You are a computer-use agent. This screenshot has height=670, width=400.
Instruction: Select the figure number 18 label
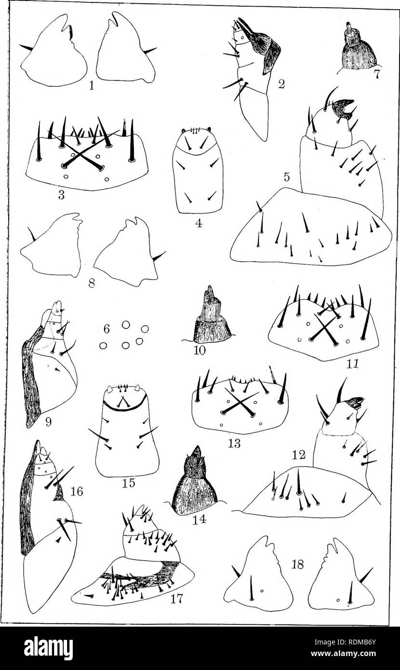pos(298,564)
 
